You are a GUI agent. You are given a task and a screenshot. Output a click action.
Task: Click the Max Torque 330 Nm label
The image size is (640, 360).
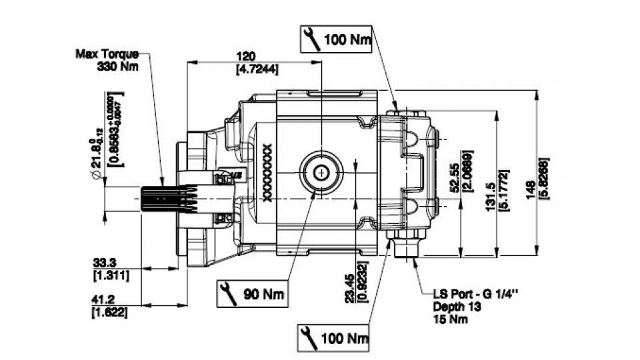[107, 59]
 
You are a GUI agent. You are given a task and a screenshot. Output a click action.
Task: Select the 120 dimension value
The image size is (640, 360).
[247, 57]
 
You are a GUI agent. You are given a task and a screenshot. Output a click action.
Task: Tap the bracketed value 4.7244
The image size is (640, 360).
[257, 69]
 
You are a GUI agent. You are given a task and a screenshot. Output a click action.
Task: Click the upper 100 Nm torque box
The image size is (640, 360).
[336, 39]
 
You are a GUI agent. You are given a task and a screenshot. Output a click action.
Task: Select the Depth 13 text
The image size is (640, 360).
[456, 306]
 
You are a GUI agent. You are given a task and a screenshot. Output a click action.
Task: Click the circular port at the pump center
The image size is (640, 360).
[322, 173]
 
